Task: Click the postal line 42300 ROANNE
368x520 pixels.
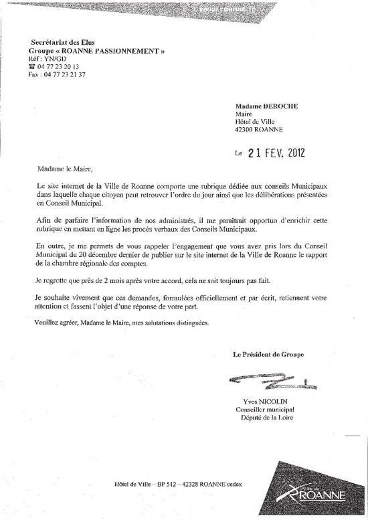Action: pos(260,131)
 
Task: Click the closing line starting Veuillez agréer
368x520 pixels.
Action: pos(122,323)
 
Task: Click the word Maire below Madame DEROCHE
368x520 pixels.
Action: pos(244,114)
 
